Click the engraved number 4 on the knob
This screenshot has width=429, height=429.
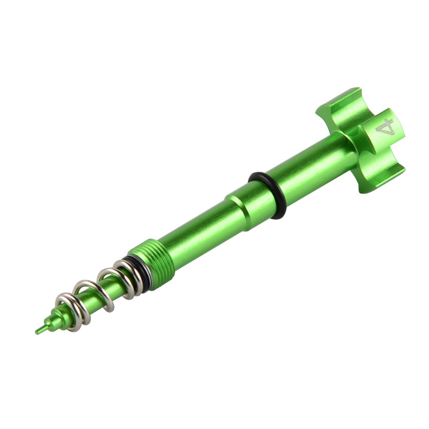pos(385,127)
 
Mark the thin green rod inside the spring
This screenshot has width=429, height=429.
pos(97,298)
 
